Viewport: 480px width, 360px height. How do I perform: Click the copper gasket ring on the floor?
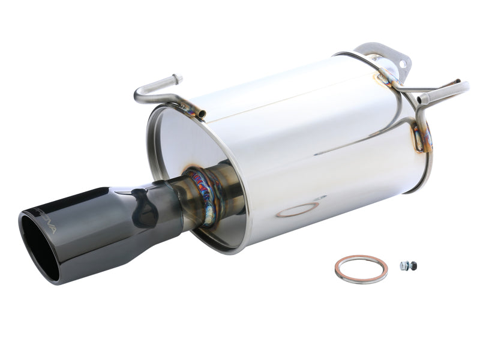(361, 269)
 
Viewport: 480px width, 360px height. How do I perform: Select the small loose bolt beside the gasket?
(408, 265)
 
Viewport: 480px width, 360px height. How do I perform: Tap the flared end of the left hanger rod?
(176, 78)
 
